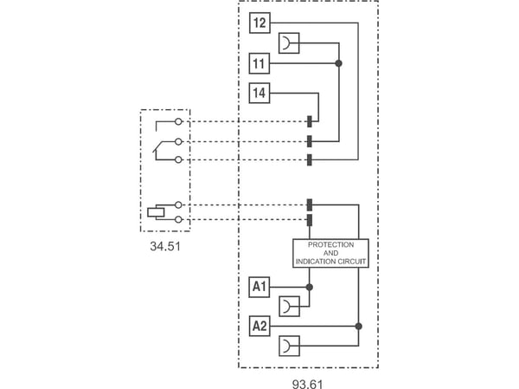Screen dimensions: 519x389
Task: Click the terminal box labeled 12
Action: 259,23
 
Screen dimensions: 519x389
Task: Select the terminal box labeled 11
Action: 259,63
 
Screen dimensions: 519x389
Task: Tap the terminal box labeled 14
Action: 259,93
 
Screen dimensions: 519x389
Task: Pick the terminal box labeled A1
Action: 259,287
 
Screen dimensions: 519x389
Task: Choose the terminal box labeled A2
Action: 259,326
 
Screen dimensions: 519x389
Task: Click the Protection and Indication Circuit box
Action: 330,253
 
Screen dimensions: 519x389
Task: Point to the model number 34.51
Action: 165,246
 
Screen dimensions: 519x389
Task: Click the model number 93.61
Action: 307,384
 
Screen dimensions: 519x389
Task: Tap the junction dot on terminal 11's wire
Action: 338,63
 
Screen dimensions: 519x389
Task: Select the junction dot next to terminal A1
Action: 310,287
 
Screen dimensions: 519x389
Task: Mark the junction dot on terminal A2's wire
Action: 358,327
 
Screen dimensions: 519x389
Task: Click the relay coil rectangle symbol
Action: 156,212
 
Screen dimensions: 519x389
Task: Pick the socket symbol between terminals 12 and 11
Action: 289,43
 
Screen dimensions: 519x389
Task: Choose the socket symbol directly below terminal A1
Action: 289,307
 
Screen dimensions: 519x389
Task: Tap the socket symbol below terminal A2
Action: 289,346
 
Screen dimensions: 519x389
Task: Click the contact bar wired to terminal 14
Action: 310,121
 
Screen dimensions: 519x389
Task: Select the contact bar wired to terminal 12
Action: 310,159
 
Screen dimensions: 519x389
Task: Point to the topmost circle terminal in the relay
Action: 178,121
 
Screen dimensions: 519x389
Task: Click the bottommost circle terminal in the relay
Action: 178,219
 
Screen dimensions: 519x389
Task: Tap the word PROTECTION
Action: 330,245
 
